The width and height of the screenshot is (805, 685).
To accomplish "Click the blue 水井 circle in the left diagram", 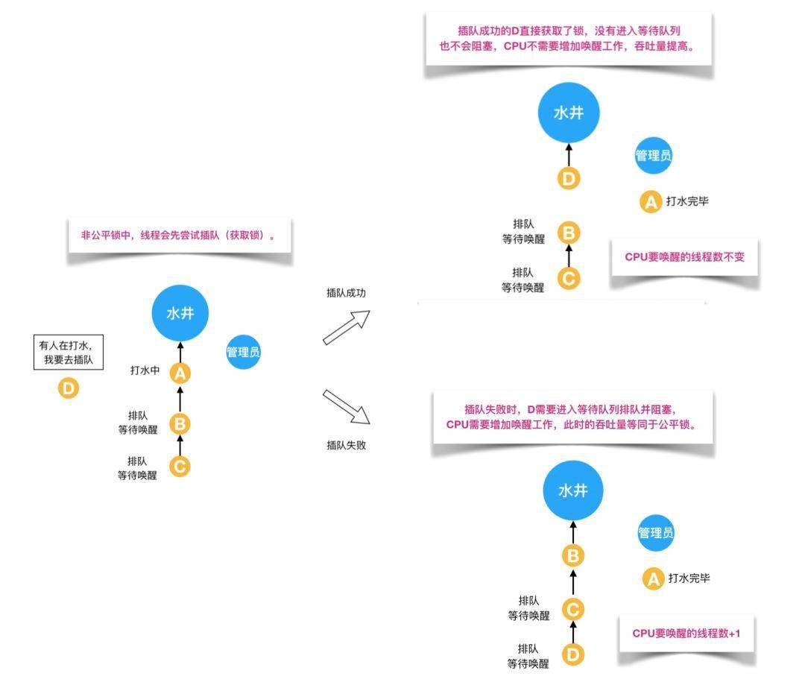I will [x=180, y=313].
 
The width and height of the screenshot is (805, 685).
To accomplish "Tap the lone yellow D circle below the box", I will [x=68, y=388].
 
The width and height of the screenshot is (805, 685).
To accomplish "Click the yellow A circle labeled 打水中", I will [x=180, y=373].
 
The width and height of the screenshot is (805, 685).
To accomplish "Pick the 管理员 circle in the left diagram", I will [x=244, y=353].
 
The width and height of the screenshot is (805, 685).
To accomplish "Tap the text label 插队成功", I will [x=346, y=293].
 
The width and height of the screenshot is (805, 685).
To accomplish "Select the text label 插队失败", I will [x=346, y=445].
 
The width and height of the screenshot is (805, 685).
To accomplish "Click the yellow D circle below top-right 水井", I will [x=569, y=179].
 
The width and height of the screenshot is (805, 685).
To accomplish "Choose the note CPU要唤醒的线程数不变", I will [x=684, y=257].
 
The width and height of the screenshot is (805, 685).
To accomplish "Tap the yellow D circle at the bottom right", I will [x=572, y=654].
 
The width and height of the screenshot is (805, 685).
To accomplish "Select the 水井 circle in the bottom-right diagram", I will [x=572, y=490].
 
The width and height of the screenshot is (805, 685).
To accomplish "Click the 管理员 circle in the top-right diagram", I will [x=653, y=156].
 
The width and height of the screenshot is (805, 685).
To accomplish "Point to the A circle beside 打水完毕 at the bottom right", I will [x=653, y=578].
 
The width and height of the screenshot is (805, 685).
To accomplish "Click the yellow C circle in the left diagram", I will [x=180, y=467].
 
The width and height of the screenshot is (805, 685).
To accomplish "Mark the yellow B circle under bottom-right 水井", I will [x=572, y=555].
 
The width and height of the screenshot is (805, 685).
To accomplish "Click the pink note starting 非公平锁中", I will [x=177, y=236].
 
